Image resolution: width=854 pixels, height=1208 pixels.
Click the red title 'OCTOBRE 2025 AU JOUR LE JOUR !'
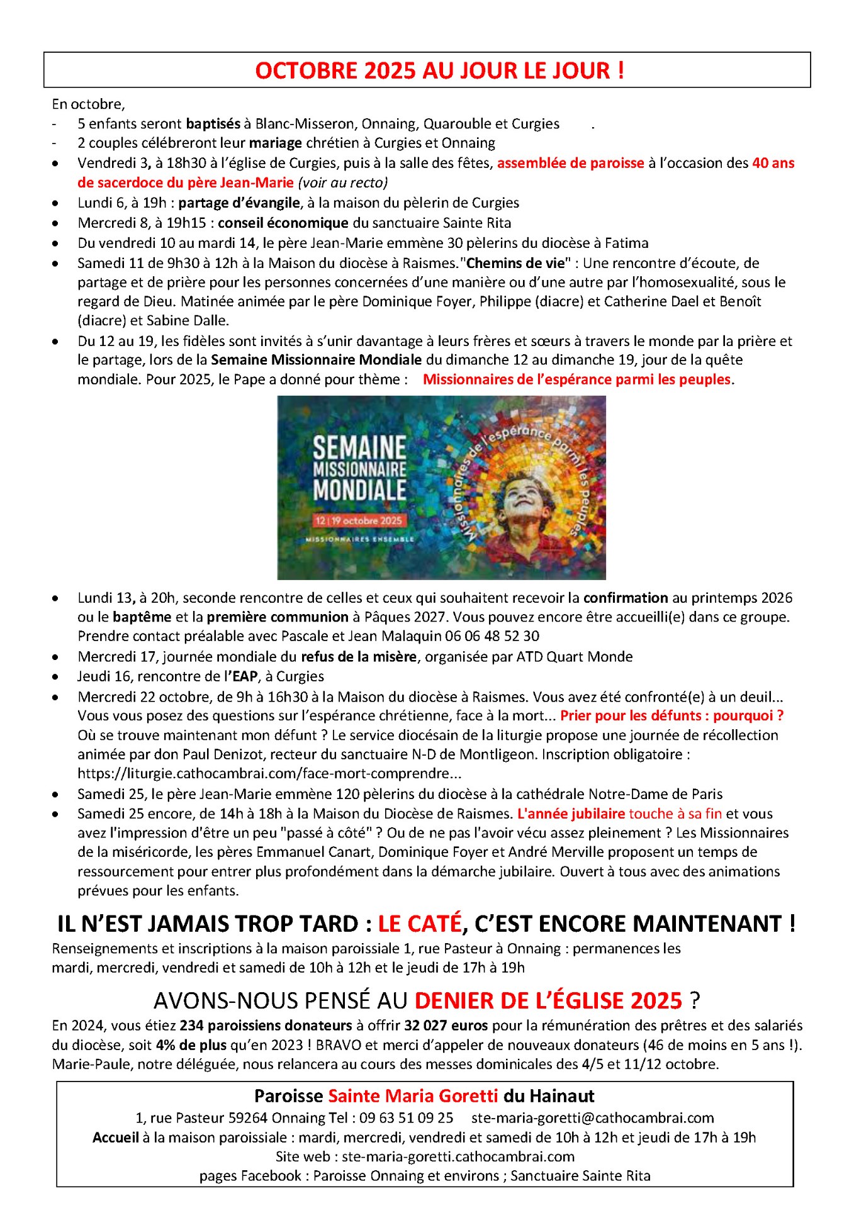pyautogui.click(x=439, y=70)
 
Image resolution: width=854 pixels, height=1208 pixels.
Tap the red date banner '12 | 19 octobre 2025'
pyautogui.click(x=358, y=520)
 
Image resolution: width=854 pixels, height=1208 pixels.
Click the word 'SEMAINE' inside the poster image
pyautogui.click(x=359, y=448)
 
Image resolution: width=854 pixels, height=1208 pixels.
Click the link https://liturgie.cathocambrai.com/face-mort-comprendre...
pyautogui.click(x=269, y=773)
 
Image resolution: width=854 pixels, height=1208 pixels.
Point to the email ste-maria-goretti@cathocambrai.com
pyautogui.click(x=592, y=1117)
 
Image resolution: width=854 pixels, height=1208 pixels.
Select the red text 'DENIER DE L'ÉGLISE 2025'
pyautogui.click(x=548, y=1000)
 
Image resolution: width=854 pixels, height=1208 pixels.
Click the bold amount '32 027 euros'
pyautogui.click(x=446, y=1025)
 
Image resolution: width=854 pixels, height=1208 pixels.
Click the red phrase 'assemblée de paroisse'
pyautogui.click(x=570, y=163)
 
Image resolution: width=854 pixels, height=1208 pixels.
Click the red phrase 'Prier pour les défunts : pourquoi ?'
pyautogui.click(x=671, y=715)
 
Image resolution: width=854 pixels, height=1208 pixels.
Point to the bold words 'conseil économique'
pyautogui.click(x=283, y=223)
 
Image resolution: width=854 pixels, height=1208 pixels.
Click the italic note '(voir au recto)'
pyautogui.click(x=342, y=182)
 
